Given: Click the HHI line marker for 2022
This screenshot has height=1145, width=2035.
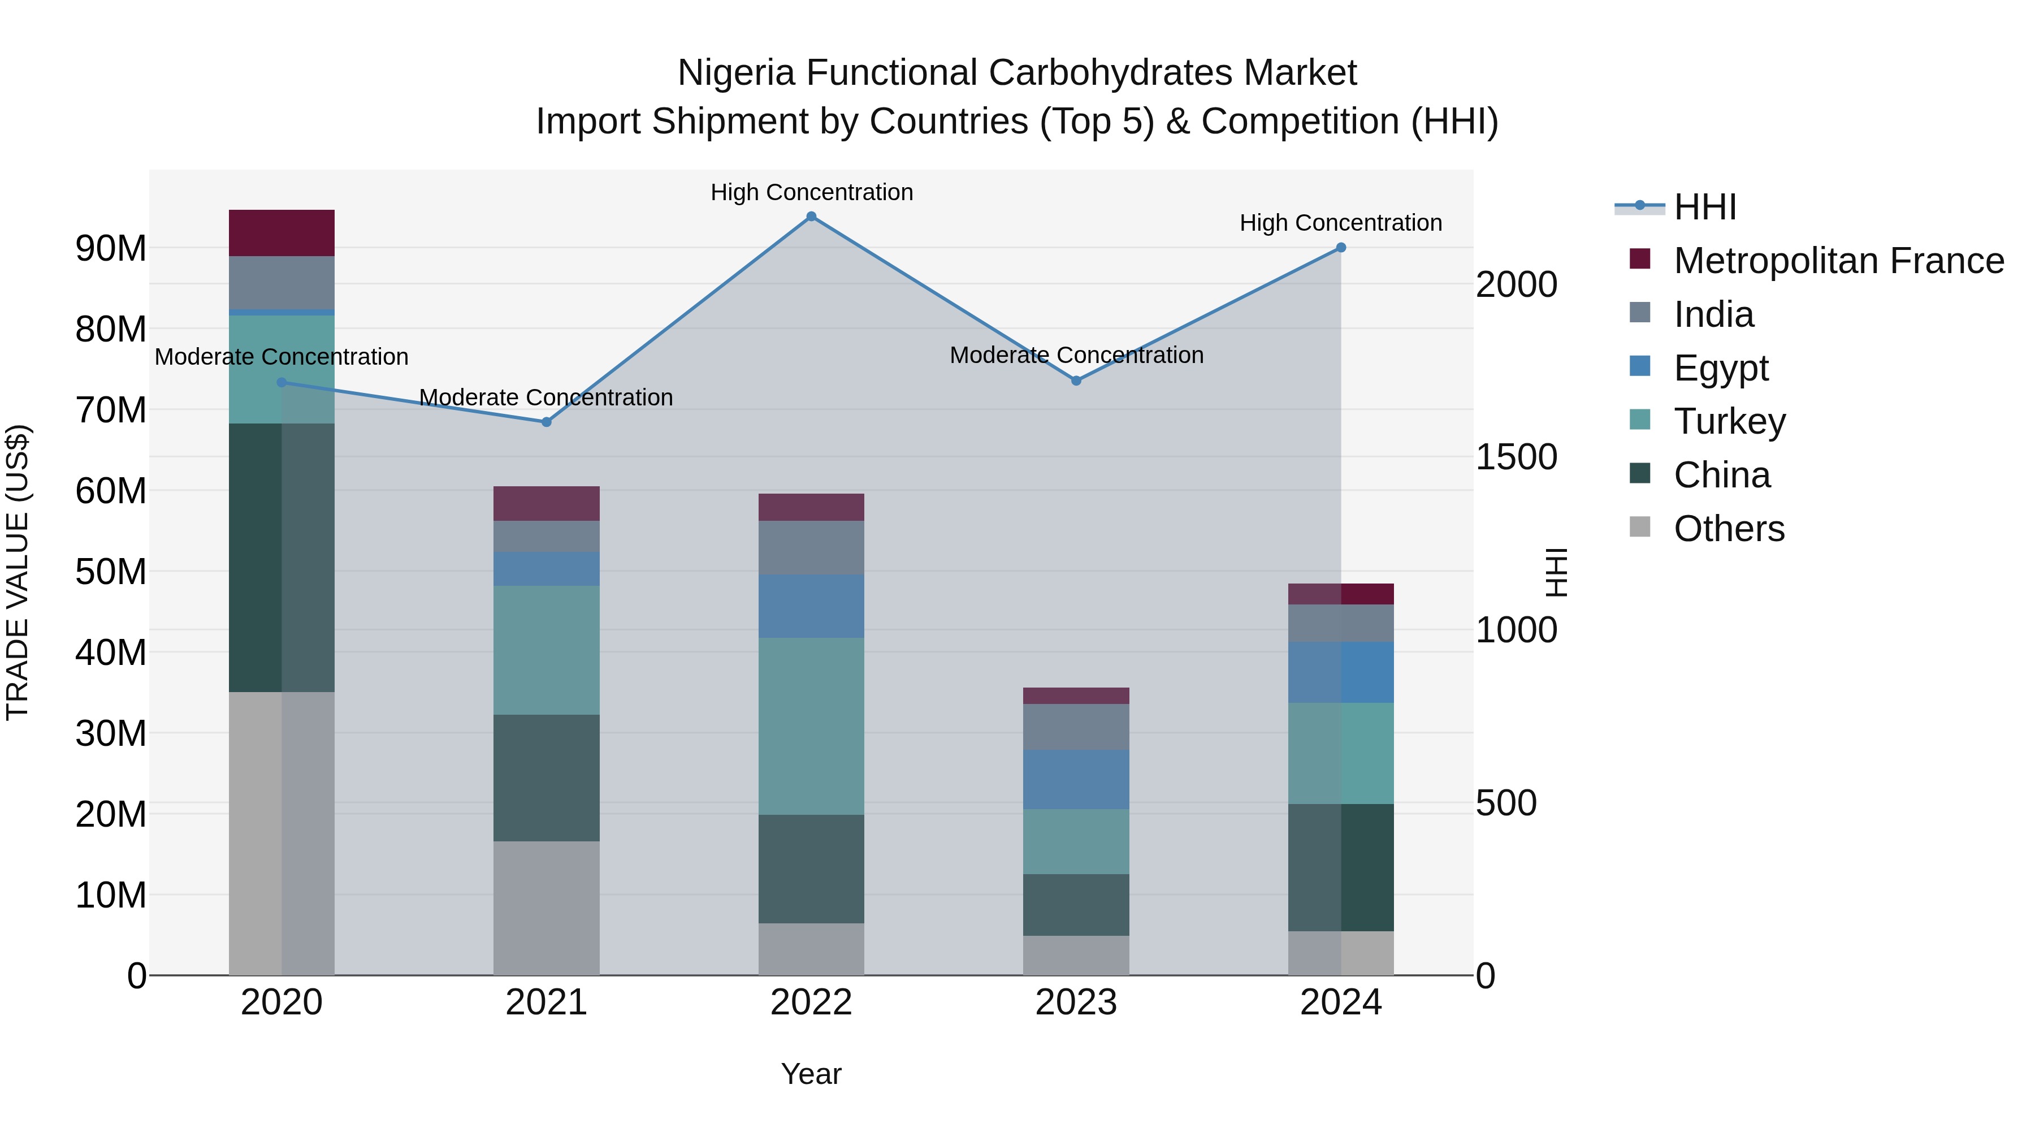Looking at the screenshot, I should tap(811, 217).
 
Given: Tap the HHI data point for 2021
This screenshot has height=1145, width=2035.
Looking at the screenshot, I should tap(546, 422).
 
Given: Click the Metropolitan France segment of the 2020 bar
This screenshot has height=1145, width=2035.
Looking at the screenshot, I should tap(282, 233).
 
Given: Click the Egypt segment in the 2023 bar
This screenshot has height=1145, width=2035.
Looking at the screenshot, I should tap(1075, 779).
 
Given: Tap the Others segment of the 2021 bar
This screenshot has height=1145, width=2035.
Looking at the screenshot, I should tap(546, 908).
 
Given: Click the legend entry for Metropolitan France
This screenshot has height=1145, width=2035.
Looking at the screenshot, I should tap(1838, 261).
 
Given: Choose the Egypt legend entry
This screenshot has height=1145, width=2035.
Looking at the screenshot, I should tap(1721, 368).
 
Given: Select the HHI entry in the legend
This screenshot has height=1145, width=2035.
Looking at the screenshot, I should tap(1705, 207).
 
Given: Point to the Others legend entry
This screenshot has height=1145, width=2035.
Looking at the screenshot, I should tap(1729, 529).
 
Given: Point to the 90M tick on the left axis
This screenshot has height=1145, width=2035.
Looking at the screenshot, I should tap(111, 249).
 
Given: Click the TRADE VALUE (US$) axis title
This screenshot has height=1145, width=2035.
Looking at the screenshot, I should tap(18, 572).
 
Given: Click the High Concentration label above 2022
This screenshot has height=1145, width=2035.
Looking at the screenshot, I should tap(811, 193).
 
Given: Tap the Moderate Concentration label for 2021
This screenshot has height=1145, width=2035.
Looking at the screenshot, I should tap(546, 397).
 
